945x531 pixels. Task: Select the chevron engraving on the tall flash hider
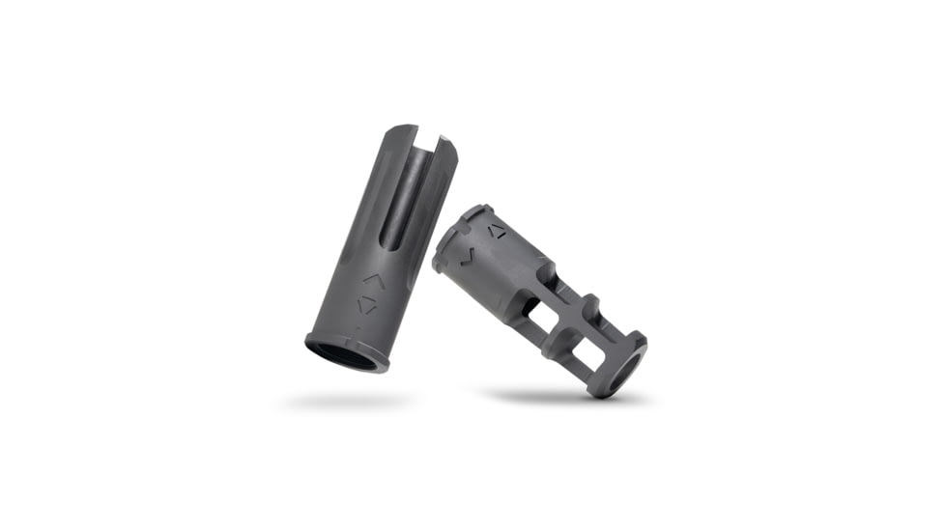click(x=369, y=280)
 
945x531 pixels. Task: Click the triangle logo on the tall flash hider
click(x=366, y=305)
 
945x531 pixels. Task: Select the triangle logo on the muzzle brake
click(x=496, y=230)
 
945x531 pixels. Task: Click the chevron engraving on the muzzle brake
click(x=467, y=255)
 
